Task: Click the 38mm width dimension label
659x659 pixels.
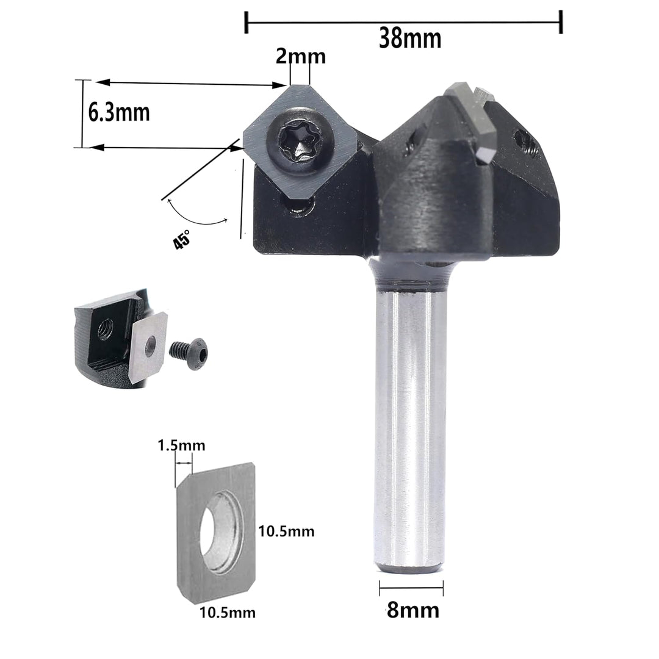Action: pos(410,38)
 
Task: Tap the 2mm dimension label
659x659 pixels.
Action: pos(300,56)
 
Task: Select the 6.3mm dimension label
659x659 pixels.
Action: pos(119,112)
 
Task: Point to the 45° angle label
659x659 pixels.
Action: pos(182,240)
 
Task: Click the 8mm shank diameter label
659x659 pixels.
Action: pos(412,610)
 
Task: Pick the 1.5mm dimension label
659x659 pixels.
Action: pos(182,445)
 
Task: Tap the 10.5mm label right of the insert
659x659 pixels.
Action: pos(286,531)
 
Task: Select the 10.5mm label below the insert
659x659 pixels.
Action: pos(228,613)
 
